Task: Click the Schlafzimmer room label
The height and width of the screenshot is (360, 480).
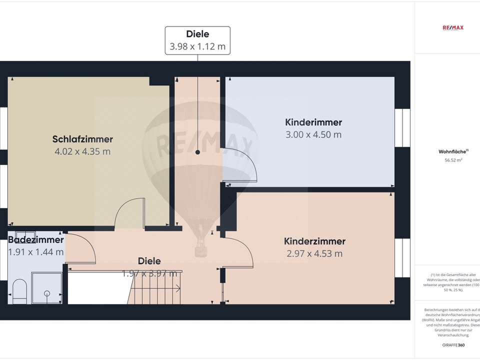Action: pyautogui.click(x=82, y=139)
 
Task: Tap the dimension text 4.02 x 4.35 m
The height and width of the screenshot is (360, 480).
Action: pyautogui.click(x=82, y=151)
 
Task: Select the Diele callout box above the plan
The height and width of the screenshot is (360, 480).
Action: pyautogui.click(x=197, y=40)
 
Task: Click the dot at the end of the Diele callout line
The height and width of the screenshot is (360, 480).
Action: pyautogui.click(x=197, y=152)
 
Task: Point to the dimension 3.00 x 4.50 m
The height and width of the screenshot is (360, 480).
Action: pyautogui.click(x=313, y=134)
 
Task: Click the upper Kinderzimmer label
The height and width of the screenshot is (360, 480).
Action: pyautogui.click(x=313, y=122)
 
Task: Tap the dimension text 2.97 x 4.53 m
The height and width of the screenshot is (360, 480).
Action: pyautogui.click(x=314, y=253)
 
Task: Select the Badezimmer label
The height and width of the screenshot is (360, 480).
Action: pyautogui.click(x=36, y=240)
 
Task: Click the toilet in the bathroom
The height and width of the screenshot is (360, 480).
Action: pyautogui.click(x=19, y=291)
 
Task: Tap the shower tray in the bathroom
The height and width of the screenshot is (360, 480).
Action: pyautogui.click(x=46, y=288)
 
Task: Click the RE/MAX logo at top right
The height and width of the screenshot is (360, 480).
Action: pyautogui.click(x=453, y=27)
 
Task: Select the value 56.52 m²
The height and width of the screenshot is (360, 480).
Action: pyautogui.click(x=453, y=160)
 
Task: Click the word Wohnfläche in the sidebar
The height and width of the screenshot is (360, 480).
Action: pyautogui.click(x=452, y=151)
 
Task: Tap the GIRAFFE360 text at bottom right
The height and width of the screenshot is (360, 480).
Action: pyautogui.click(x=454, y=345)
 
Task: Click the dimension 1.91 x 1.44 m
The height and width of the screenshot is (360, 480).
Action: pyautogui.click(x=36, y=252)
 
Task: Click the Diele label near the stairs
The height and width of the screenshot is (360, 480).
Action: pyautogui.click(x=149, y=261)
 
